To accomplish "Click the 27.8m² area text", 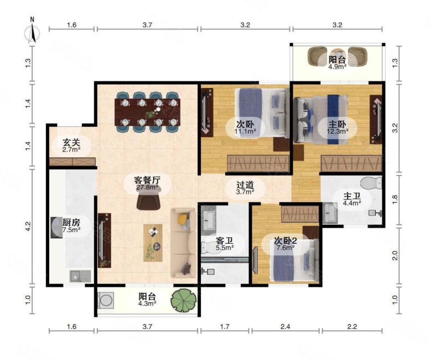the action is click(x=147, y=187).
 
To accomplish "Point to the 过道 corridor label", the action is click(x=245, y=184).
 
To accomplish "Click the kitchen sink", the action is click(x=80, y=276).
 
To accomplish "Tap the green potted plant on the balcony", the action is click(x=184, y=300).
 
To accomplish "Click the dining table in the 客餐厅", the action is click(x=147, y=112).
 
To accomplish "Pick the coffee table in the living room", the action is click(x=153, y=243).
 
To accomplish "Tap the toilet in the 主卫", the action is click(x=371, y=183).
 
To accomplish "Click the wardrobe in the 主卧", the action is click(x=351, y=163).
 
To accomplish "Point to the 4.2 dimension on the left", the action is click(x=29, y=227).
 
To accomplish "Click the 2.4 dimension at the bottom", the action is click(x=285, y=327).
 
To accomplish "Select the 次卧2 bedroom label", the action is click(x=285, y=241).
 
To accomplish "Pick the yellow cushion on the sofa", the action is click(x=183, y=219).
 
